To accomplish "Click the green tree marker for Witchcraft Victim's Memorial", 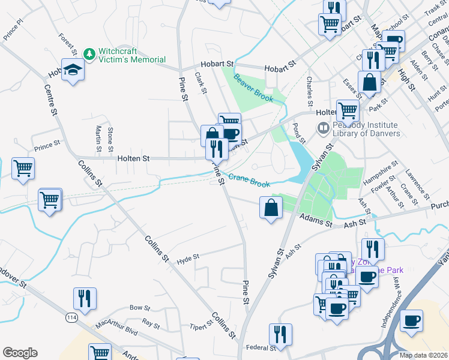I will click(x=89, y=55).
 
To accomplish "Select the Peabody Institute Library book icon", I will click(x=323, y=128).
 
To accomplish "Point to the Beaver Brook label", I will click(x=253, y=88).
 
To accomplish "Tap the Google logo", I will click(x=20, y=353).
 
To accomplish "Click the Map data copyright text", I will click(x=423, y=355).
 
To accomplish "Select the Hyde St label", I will click(x=188, y=259).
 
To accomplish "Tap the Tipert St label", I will click(x=201, y=326).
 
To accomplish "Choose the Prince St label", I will click(x=48, y=146).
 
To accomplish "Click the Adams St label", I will click(x=316, y=223).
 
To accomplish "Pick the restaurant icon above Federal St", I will click(x=280, y=334).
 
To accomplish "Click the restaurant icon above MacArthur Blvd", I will click(x=85, y=298).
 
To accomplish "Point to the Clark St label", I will click(x=200, y=83).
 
